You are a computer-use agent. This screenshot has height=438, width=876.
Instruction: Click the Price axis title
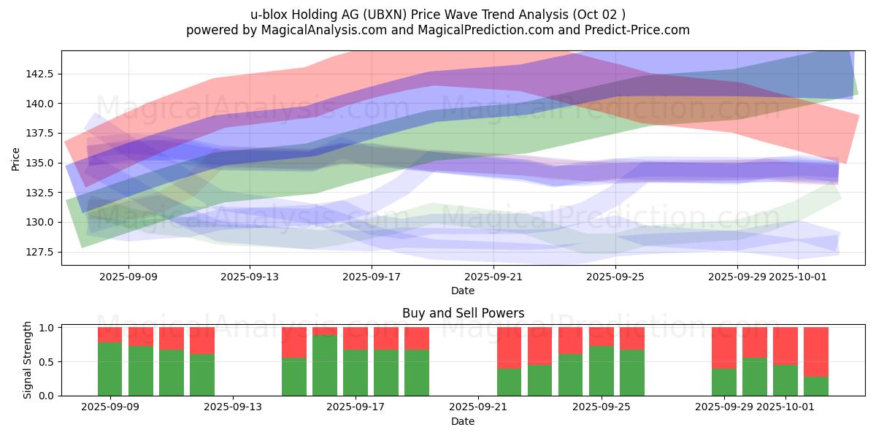tap(16, 158)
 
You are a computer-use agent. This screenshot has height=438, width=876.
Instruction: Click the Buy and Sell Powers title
tap(463, 313)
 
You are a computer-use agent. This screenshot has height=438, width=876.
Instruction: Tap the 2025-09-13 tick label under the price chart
tap(250, 277)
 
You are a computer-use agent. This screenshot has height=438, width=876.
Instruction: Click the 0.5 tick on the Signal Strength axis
tap(46, 362)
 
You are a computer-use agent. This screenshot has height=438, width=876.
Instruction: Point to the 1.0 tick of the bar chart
tap(46, 328)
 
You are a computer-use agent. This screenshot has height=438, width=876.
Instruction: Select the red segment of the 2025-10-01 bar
tap(785, 346)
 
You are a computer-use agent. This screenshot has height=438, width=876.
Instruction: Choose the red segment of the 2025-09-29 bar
tap(724, 347)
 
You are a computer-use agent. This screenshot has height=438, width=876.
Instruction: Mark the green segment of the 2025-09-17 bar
tap(356, 372)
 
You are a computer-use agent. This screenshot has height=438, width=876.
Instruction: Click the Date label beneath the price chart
tap(463, 291)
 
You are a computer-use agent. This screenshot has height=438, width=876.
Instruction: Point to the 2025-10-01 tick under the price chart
tap(798, 277)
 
